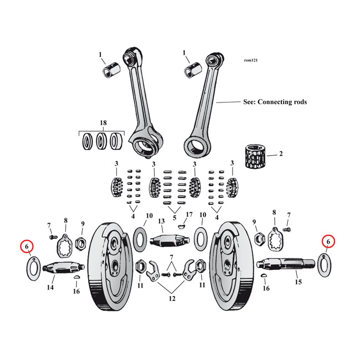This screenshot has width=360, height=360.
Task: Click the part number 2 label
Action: click(x=281, y=153)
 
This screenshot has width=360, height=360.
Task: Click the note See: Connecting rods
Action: click(x=275, y=102)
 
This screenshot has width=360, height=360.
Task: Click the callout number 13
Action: click(x=161, y=222)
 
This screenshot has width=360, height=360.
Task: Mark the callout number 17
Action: click(x=189, y=214)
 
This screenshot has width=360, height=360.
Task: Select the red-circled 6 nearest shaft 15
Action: click(x=328, y=241)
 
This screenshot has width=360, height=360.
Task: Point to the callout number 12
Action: click(x=172, y=299)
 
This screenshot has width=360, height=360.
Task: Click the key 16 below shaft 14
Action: click(x=78, y=277)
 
